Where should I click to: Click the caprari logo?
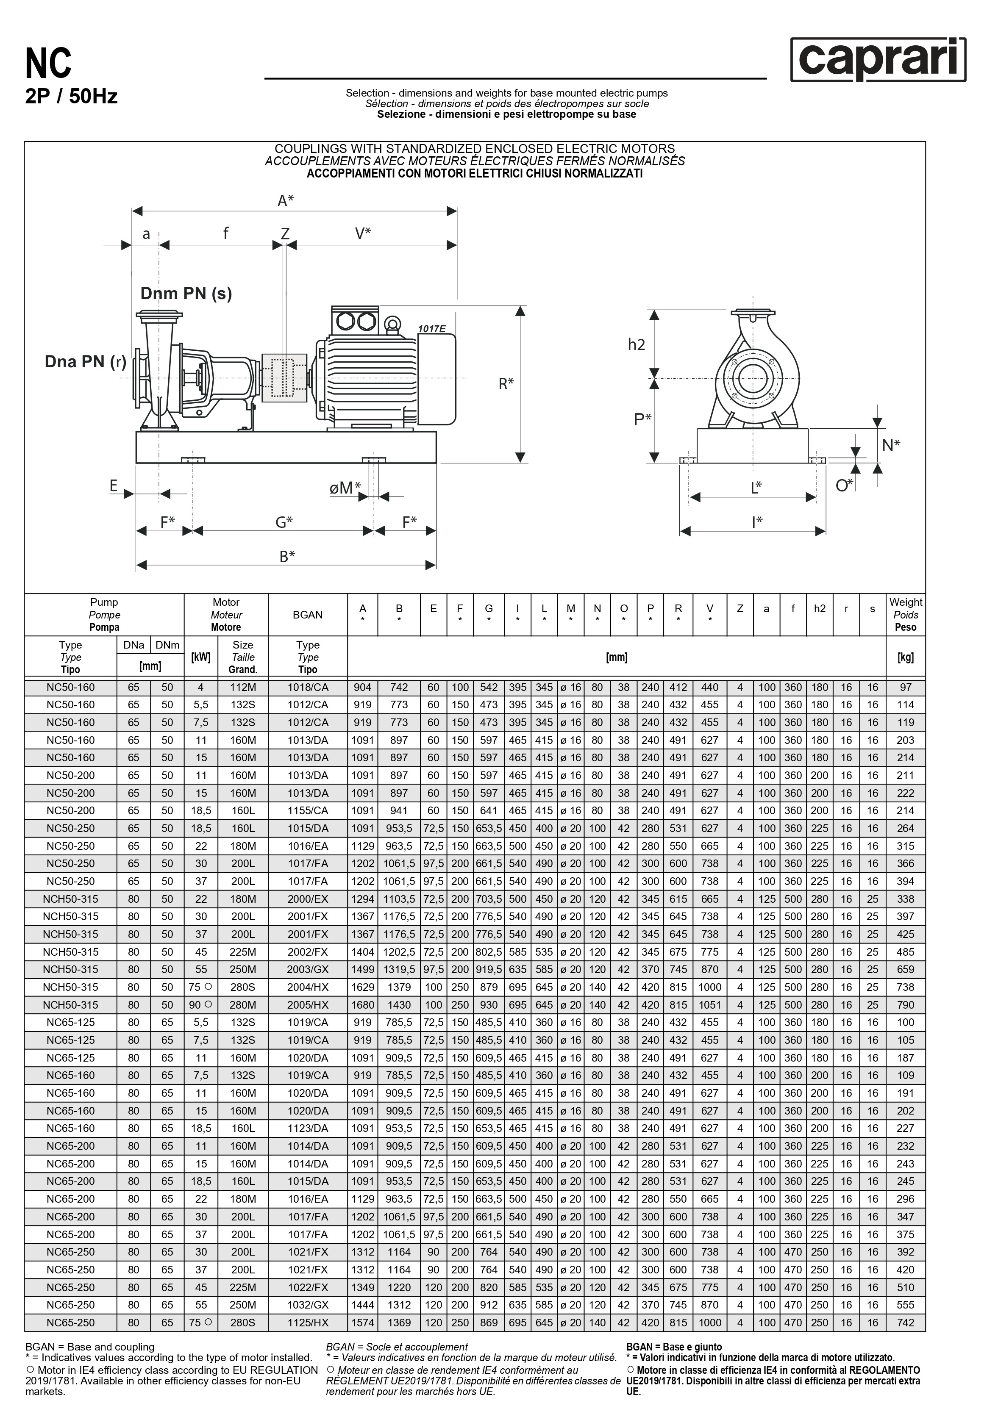878,59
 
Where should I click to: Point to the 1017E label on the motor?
431,328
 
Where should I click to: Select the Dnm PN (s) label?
186,293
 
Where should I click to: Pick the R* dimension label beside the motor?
506,384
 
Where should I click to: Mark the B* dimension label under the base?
287,556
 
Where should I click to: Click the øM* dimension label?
345,488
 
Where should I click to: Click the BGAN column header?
307,615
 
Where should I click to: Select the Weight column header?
906,615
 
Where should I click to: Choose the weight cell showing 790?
906,1005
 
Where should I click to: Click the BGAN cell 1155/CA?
307,810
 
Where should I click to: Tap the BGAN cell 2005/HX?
307,1005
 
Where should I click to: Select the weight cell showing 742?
906,1323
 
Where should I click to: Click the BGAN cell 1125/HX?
307,1323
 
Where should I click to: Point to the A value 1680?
362,1005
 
